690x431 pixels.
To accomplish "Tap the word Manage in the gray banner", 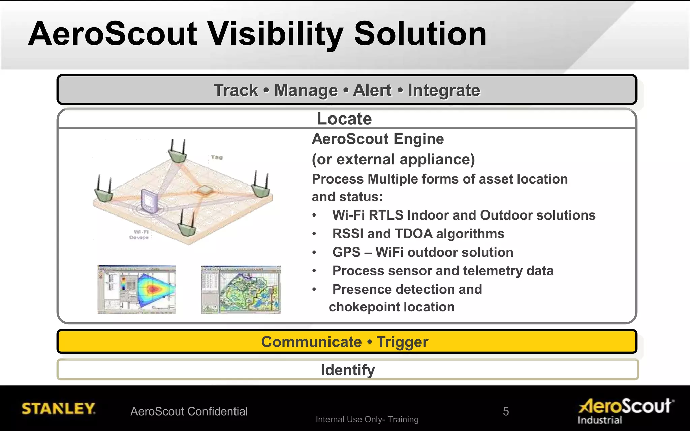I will (306, 90).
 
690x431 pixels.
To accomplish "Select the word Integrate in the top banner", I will (444, 90).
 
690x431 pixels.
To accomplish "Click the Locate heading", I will (344, 119).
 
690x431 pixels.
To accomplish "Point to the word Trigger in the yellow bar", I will (402, 342).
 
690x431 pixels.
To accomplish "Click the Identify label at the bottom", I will (347, 370).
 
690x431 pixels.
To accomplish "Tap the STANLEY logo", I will (58, 408).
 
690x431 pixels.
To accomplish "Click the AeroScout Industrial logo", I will (626, 410).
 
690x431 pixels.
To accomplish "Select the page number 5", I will (506, 411).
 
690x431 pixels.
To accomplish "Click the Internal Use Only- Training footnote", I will (367, 419).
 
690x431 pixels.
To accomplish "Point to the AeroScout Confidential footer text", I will (189, 411).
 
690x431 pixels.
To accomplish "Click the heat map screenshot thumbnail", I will (136, 290).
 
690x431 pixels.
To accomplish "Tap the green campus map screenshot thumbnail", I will (241, 290).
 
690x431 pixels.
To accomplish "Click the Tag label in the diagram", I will (217, 157).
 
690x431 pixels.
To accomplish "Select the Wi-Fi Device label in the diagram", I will (139, 235).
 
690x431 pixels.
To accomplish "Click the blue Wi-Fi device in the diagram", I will (149, 201).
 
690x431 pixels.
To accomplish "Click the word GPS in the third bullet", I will (346, 252).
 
